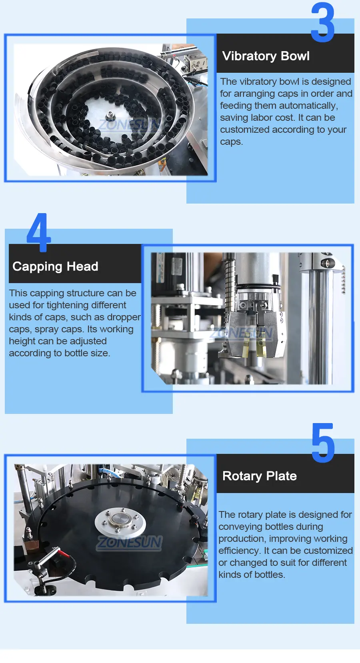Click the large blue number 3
click(x=323, y=22)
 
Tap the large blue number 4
click(x=38, y=232)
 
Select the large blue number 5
click(x=323, y=443)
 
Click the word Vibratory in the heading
click(x=249, y=56)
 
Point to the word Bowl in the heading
click(x=295, y=56)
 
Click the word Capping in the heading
click(x=38, y=267)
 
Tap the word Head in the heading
click(x=82, y=266)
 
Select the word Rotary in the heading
click(x=242, y=476)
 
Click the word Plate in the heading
click(x=281, y=476)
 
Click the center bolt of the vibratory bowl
click(x=110, y=114)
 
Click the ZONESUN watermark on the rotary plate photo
click(x=129, y=543)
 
